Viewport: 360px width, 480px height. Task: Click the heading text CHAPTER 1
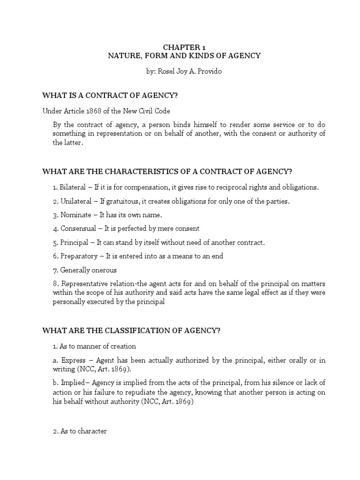coord(184,47)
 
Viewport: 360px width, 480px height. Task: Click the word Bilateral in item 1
coord(73,187)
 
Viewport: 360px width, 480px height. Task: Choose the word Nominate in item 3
coord(75,215)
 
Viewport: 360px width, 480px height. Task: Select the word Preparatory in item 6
coord(77,256)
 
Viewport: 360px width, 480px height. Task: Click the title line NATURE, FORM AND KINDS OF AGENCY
coord(184,56)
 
